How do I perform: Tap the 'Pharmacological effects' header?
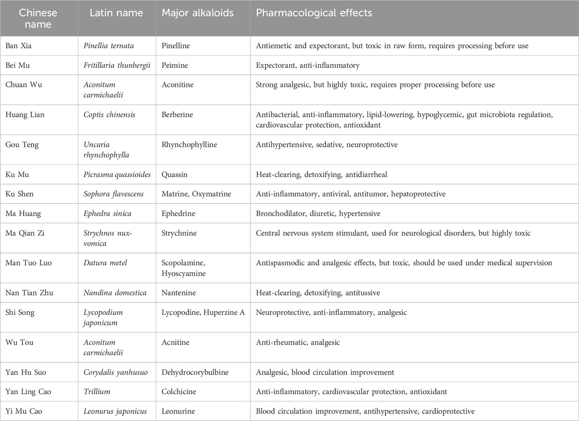pos(314,13)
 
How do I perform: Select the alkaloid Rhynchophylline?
pos(189,145)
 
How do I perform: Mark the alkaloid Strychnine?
pos(181,233)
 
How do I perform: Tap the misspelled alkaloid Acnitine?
pos(175,342)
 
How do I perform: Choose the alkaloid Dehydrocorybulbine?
pos(195,372)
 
